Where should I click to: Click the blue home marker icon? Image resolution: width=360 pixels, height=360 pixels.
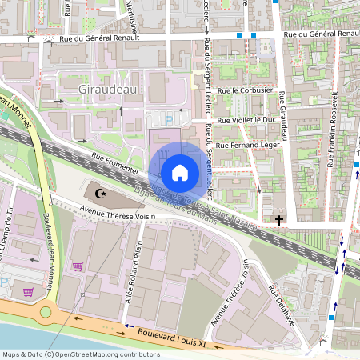[179, 172]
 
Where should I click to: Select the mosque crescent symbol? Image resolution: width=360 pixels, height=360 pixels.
[100, 194]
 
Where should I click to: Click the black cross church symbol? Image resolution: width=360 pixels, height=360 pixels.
[279, 219]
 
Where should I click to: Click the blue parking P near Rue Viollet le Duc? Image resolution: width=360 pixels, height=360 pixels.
[169, 120]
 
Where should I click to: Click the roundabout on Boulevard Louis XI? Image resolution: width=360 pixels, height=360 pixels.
[46, 312]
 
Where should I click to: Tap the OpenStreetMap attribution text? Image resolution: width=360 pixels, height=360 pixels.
[81, 354]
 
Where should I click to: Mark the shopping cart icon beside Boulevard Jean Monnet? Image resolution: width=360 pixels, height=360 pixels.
[78, 266]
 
